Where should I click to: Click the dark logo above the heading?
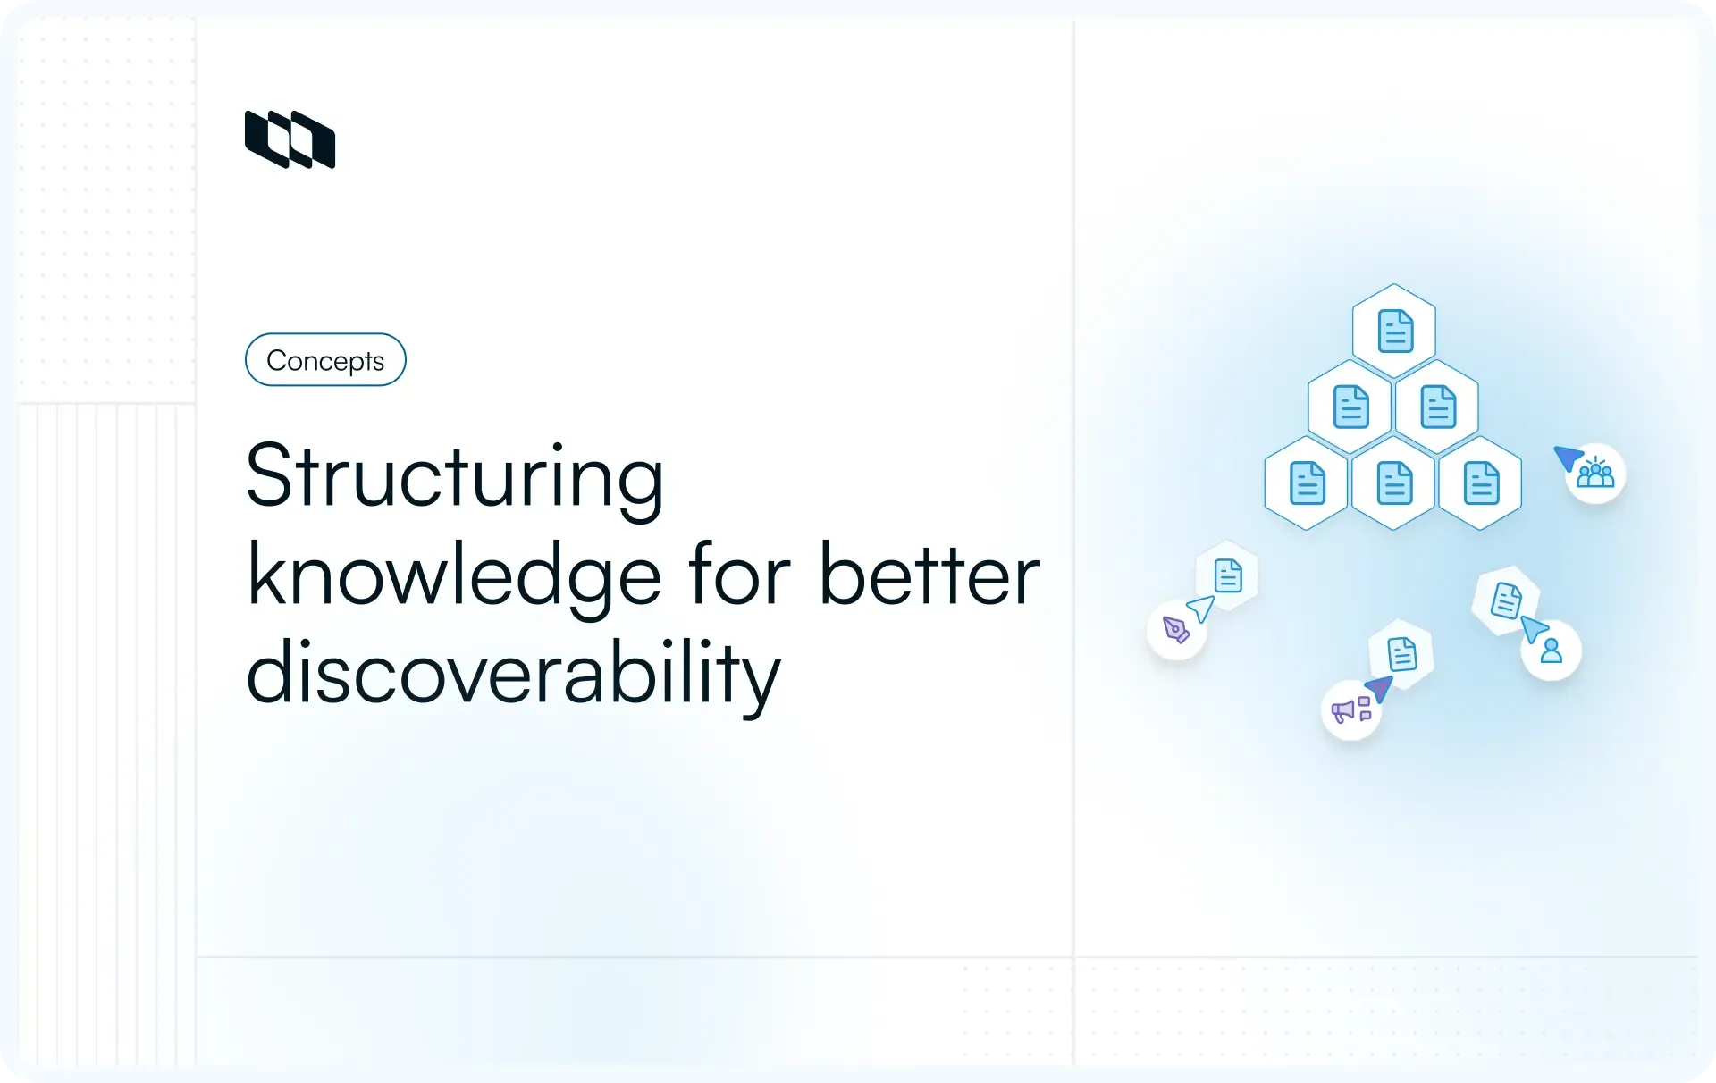point(290,139)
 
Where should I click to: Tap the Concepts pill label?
point(325,360)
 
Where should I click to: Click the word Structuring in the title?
point(454,477)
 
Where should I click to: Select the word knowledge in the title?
point(454,576)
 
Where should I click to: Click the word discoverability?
point(513,675)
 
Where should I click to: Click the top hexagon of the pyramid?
point(1394,332)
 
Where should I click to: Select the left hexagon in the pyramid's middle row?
point(1350,407)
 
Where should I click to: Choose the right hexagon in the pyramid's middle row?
point(1437,407)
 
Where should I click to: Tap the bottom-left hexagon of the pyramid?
point(1307,483)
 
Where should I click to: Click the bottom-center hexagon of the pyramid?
point(1394,483)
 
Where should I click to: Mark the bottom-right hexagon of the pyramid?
point(1481,483)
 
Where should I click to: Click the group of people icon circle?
point(1595,473)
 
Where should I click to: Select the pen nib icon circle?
point(1176,630)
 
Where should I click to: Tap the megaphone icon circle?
point(1350,710)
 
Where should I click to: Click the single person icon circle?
point(1552,651)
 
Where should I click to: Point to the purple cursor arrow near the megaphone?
point(1379,689)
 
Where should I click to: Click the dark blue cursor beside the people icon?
point(1568,458)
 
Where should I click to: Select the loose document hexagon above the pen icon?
point(1228,575)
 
